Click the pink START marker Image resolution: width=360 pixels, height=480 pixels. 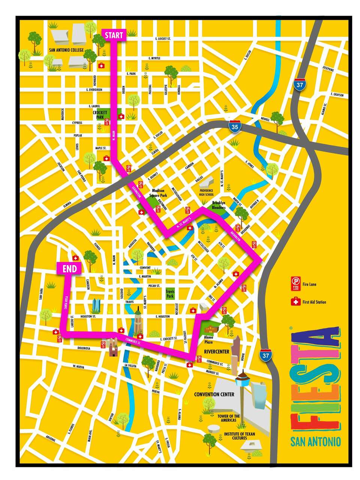(x=114, y=36)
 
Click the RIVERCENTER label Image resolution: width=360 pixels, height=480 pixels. (x=216, y=351)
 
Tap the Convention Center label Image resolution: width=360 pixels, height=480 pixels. (x=214, y=394)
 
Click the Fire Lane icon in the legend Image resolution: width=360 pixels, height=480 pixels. (x=295, y=284)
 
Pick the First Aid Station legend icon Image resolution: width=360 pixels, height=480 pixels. (x=295, y=301)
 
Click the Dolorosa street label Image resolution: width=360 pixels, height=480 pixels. (x=84, y=348)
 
